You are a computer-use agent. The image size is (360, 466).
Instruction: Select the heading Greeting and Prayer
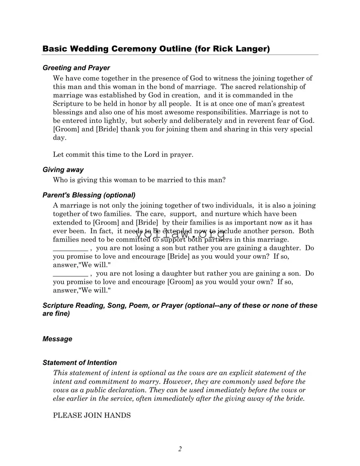pos(76,68)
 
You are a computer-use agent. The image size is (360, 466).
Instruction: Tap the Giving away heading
pos(63,170)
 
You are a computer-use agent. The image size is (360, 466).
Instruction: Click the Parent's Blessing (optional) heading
pos(89,195)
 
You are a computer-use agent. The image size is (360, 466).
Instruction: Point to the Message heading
pos(57,339)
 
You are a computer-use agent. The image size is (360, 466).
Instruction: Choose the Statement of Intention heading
pos(80,363)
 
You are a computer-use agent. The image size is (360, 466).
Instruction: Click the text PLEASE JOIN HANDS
pos(92,416)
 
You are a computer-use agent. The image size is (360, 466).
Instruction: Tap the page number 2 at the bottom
pos(180,449)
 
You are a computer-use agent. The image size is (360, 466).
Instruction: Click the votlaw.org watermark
pos(180,234)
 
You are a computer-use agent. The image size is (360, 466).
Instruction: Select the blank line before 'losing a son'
pos(70,249)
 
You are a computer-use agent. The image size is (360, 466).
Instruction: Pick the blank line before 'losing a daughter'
pos(70,274)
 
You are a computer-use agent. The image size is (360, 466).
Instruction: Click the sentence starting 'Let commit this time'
pos(123,155)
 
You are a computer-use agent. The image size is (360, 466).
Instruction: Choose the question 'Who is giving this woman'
pos(139,180)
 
